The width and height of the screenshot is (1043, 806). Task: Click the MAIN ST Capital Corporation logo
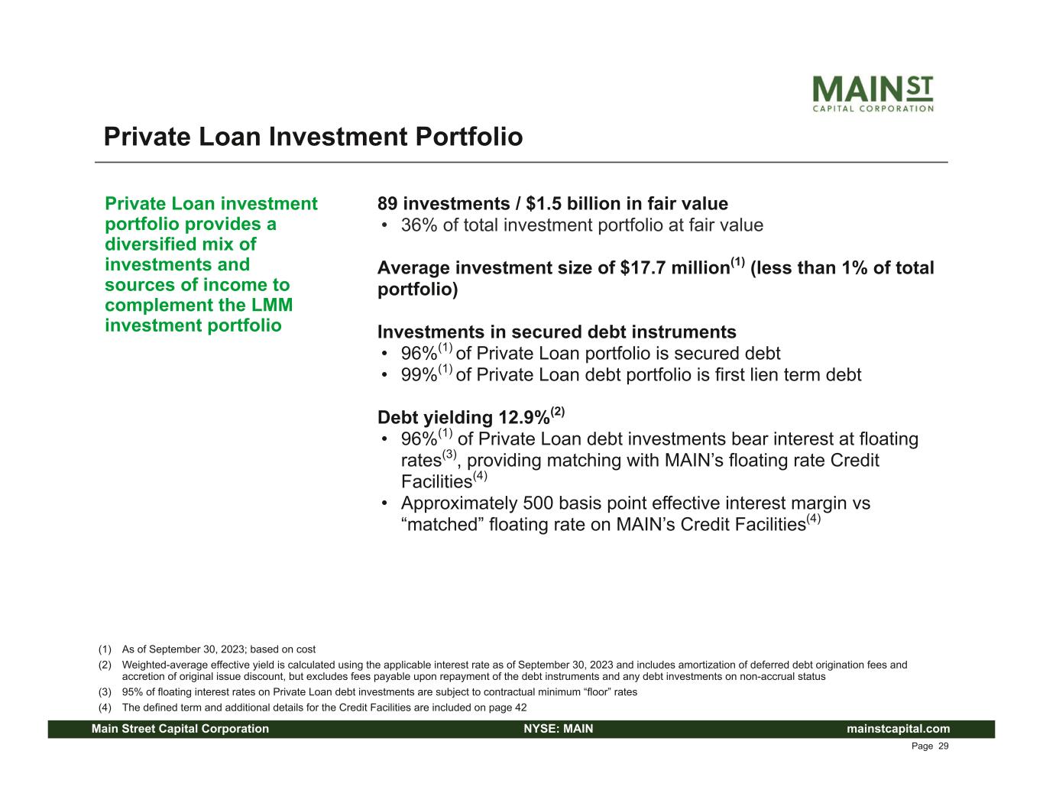point(873,93)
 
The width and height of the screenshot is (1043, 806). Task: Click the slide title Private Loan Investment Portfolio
point(313,137)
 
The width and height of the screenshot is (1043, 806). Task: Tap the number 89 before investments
point(387,204)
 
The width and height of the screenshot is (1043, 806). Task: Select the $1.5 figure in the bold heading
point(543,204)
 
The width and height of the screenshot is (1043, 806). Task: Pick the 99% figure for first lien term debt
point(419,374)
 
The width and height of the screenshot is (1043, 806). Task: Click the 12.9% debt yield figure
point(524,417)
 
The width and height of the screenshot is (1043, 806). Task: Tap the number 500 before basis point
point(538,503)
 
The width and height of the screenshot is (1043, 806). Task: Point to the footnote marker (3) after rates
point(449,455)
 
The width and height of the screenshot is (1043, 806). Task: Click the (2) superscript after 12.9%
point(557,412)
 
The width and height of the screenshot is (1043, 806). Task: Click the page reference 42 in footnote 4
point(521,707)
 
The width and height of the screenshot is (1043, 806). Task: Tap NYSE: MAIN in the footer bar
point(559,729)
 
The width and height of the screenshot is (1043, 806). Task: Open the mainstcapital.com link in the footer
point(898,729)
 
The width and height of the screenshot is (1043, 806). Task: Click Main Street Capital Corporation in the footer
point(180,729)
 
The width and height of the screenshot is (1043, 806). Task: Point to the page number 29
point(943,746)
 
